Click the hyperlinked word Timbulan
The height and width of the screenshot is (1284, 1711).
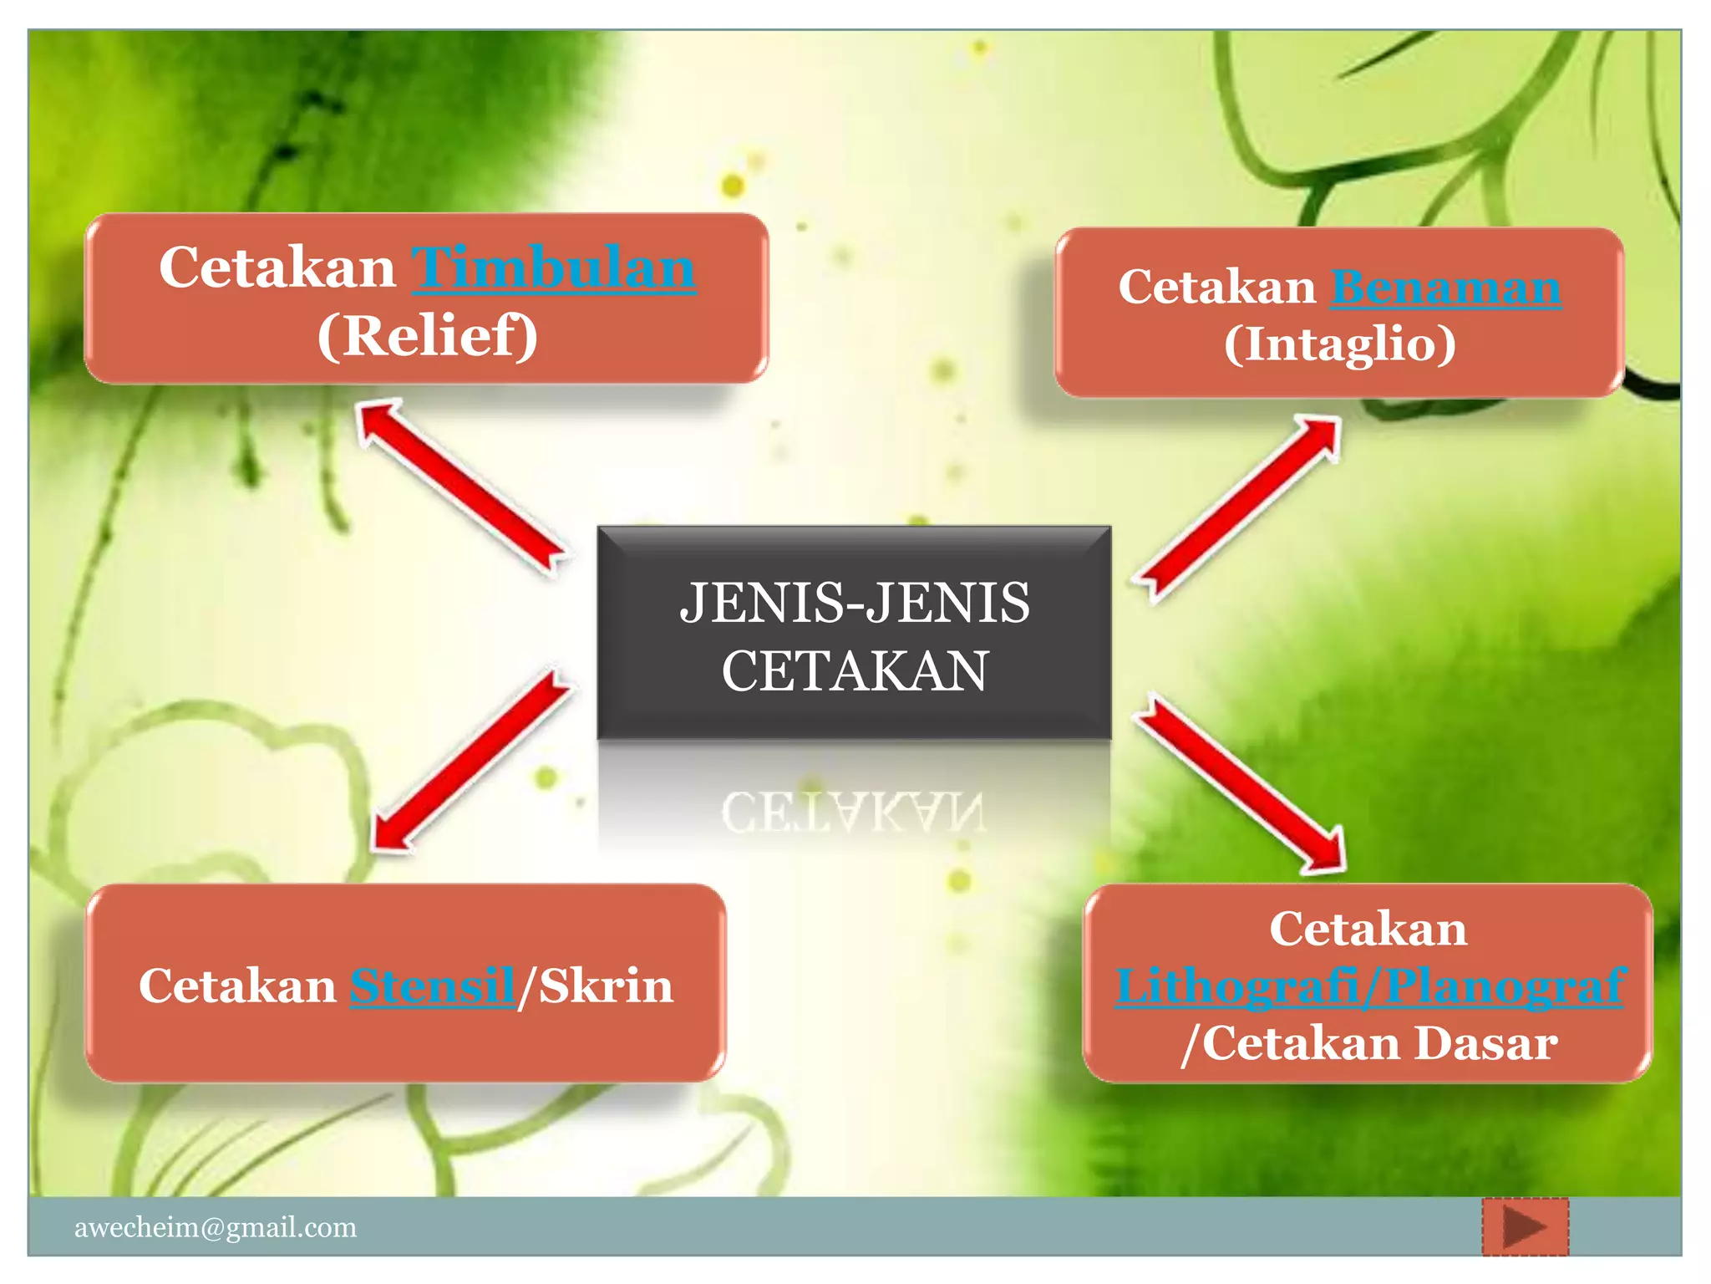[553, 268]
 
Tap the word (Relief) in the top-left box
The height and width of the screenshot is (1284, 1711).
[427, 336]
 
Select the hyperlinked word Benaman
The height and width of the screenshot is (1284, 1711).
[1445, 288]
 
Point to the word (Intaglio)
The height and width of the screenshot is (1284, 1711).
[1340, 344]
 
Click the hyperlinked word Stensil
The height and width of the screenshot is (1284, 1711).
[432, 986]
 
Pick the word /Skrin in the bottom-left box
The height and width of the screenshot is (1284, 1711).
[595, 986]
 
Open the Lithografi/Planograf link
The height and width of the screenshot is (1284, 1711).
[1369, 986]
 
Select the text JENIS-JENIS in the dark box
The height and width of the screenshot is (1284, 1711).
[855, 603]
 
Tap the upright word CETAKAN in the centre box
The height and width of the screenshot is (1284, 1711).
[855, 671]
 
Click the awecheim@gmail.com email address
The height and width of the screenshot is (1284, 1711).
[216, 1227]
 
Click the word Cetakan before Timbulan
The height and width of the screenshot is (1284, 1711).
[277, 268]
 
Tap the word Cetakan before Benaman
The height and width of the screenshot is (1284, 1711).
[1216, 288]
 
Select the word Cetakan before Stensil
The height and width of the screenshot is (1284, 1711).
[237, 986]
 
